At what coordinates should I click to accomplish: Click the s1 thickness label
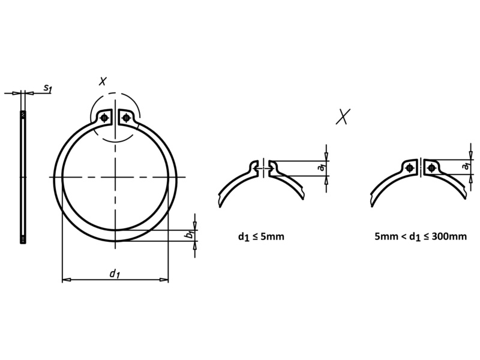click(47, 89)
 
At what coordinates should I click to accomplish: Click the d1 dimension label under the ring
click(115, 274)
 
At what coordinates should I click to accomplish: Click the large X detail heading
click(343, 116)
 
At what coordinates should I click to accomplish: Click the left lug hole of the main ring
click(106, 118)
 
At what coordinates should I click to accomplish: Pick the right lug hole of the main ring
click(125, 118)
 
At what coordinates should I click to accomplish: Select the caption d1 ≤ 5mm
click(261, 236)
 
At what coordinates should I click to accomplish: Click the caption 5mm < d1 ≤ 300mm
click(420, 236)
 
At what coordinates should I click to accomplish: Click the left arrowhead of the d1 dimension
click(65, 280)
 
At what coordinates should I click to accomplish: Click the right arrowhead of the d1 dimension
click(165, 280)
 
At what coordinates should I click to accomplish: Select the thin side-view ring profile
click(23, 177)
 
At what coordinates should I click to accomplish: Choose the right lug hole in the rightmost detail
click(431, 168)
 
